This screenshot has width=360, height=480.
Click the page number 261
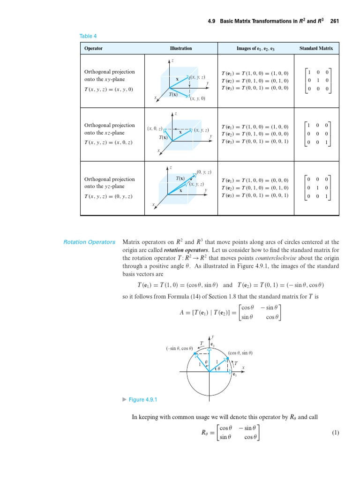334,21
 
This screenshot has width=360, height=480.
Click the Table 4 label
89,36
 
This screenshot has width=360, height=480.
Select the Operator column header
93,48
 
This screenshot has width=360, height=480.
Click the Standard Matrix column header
316,48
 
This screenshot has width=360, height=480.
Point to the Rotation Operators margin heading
89,242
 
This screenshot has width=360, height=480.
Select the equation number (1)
335,433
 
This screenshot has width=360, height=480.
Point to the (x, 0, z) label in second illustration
154,128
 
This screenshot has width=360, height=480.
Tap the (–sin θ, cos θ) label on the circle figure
180,348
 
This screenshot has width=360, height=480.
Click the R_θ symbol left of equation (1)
203,434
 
